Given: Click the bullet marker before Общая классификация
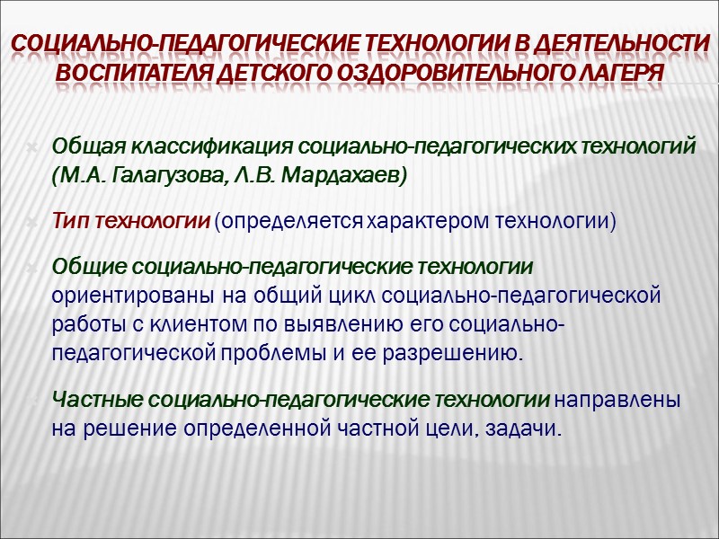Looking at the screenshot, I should click(32, 147).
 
